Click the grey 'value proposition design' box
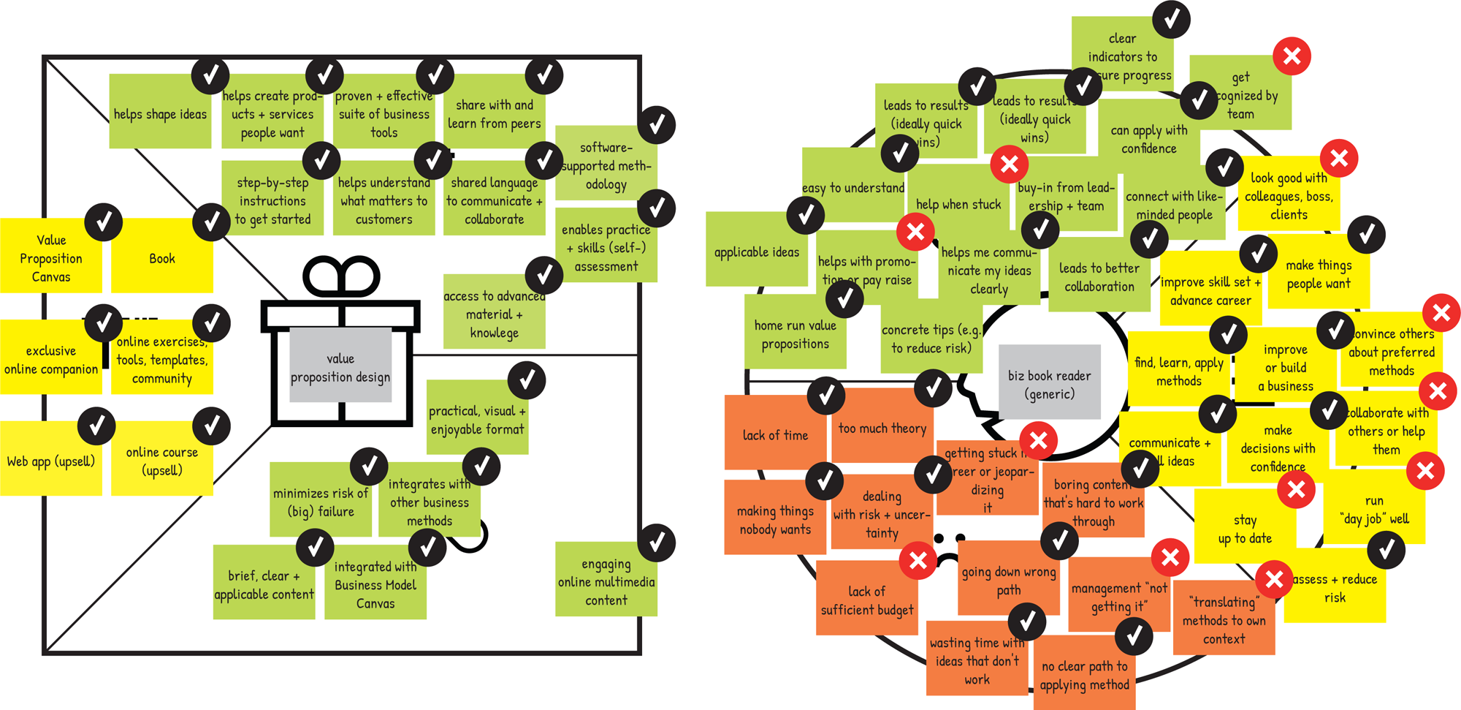[340, 366]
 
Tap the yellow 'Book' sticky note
[161, 259]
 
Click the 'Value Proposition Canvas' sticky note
[50, 258]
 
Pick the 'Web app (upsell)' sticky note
[50, 461]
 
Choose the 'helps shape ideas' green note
[160, 114]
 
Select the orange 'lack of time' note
[775, 435]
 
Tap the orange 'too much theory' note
[882, 428]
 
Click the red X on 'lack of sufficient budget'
[918, 561]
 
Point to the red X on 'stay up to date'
[1297, 489]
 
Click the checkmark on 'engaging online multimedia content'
[656, 543]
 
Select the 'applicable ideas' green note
[757, 252]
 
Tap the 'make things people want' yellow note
[1319, 274]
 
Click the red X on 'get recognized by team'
[1292, 56]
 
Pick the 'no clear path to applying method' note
[1084, 676]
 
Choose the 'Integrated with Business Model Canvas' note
[375, 585]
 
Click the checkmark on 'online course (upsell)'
[212, 426]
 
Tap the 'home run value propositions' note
[795, 334]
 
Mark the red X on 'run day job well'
[1425, 471]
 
